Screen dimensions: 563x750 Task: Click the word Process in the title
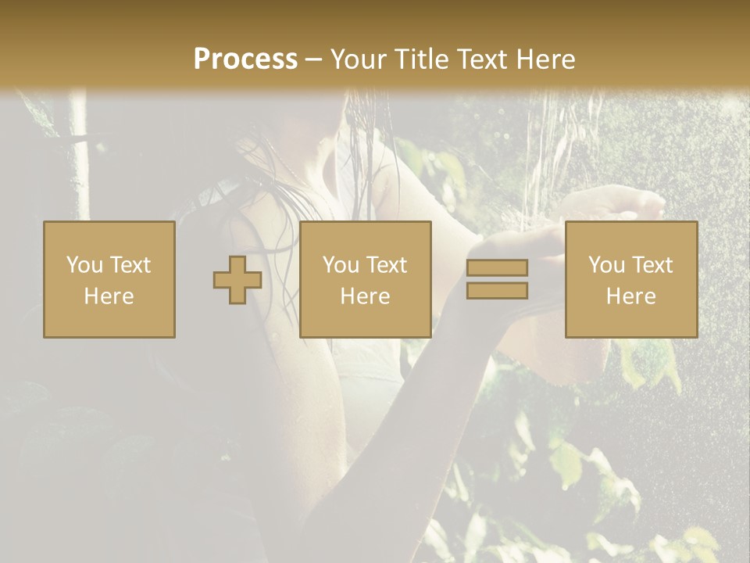click(245, 59)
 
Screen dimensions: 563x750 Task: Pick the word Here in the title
click(547, 59)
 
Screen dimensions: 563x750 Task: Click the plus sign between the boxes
click(237, 280)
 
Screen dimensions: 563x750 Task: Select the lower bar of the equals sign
click(497, 291)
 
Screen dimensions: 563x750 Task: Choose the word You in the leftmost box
click(84, 265)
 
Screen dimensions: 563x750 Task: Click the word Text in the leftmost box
click(130, 265)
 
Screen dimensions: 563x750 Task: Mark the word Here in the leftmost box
click(109, 296)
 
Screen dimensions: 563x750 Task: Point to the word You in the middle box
click(341, 265)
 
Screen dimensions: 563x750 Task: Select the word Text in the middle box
click(386, 265)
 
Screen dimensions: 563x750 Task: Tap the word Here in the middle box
click(365, 296)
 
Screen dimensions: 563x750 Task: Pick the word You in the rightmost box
click(606, 265)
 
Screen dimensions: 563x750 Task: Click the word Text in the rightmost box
click(652, 265)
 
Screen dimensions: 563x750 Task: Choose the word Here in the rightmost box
click(630, 296)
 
